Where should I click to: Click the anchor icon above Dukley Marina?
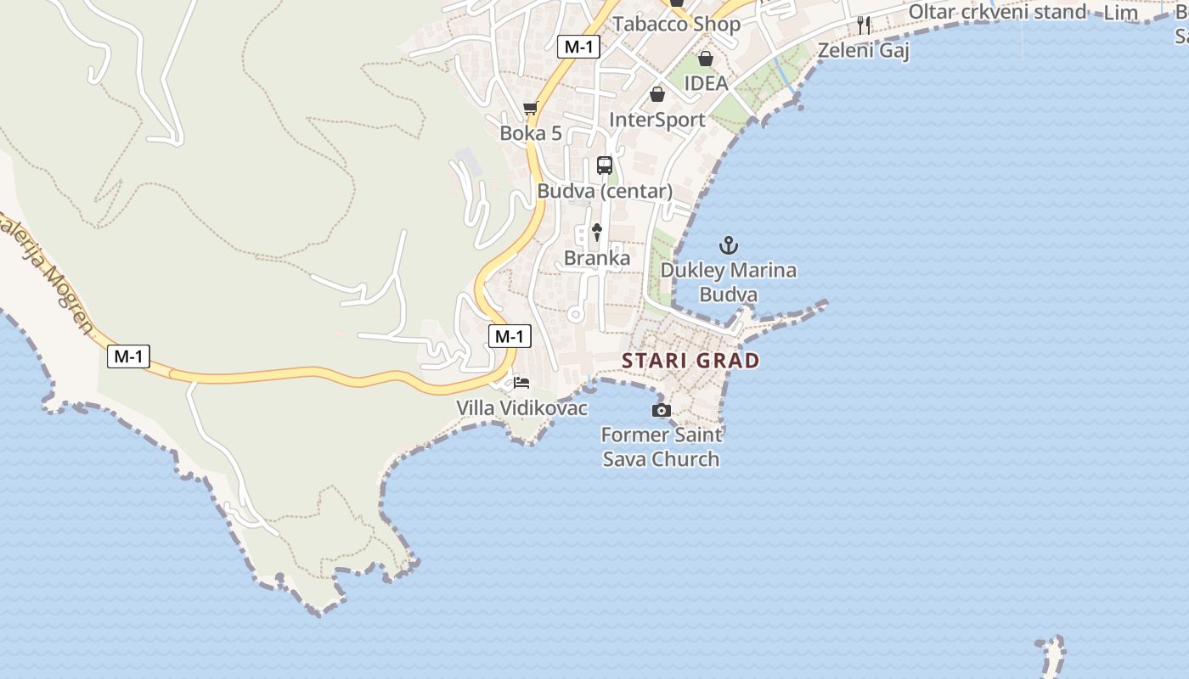[x=728, y=246]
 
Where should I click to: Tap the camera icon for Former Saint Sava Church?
[x=661, y=411]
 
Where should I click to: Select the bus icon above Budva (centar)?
[x=605, y=166]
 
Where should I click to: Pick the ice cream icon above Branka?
[x=597, y=232]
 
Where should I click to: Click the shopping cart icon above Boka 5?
[x=531, y=108]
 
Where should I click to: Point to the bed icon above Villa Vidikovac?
[x=521, y=383]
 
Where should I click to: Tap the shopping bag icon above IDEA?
[x=705, y=59]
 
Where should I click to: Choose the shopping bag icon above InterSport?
[x=656, y=94]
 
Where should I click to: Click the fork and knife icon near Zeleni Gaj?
[x=864, y=25]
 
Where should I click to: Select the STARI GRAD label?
[x=690, y=361]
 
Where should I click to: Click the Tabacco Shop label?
[x=677, y=24]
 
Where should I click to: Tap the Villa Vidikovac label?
[x=522, y=408]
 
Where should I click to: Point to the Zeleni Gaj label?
[x=863, y=51]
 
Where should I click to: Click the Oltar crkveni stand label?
[x=997, y=12]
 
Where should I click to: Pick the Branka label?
[x=597, y=258]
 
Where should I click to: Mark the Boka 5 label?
[x=531, y=133]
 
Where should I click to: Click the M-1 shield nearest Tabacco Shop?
[x=578, y=47]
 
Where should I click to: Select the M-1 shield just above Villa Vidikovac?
[x=510, y=336]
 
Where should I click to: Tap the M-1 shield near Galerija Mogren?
[x=129, y=356]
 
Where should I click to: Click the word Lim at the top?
[x=1120, y=13]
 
